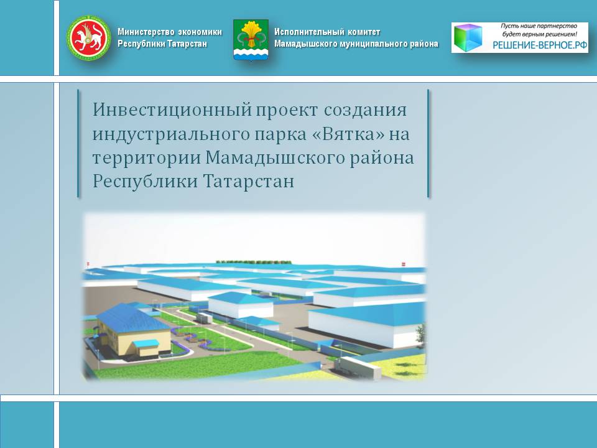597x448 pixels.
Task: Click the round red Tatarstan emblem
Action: coord(89,38)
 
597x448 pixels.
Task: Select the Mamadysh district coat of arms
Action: coord(251,40)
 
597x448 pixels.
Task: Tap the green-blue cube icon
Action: coord(468,37)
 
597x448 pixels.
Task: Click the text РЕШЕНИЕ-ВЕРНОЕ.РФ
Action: coord(540,45)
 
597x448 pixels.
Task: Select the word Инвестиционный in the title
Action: coord(172,110)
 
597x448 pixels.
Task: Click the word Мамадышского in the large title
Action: coord(275,157)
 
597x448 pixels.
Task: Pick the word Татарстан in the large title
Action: coord(249,181)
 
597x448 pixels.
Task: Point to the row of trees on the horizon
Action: coord(254,262)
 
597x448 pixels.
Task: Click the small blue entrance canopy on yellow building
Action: coord(146,343)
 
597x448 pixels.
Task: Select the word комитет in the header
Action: coord(364,32)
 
